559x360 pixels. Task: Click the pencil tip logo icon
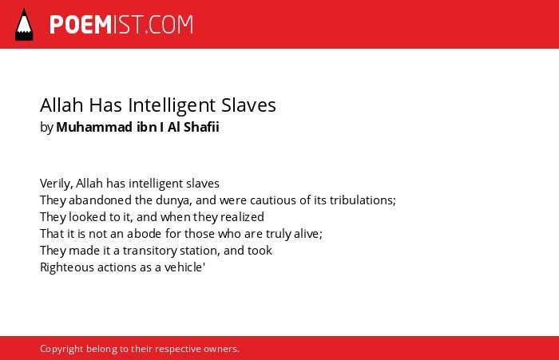(x=24, y=25)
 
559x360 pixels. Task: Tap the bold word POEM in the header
(x=81, y=25)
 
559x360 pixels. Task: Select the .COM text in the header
(x=168, y=25)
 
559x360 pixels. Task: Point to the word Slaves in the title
(x=248, y=105)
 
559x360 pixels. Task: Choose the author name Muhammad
(x=94, y=127)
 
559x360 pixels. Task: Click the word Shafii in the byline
(x=201, y=127)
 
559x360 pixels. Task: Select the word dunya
(x=173, y=200)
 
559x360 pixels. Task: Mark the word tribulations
(x=363, y=200)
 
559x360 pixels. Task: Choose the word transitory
(x=150, y=251)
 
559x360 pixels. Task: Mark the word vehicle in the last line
(x=183, y=267)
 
